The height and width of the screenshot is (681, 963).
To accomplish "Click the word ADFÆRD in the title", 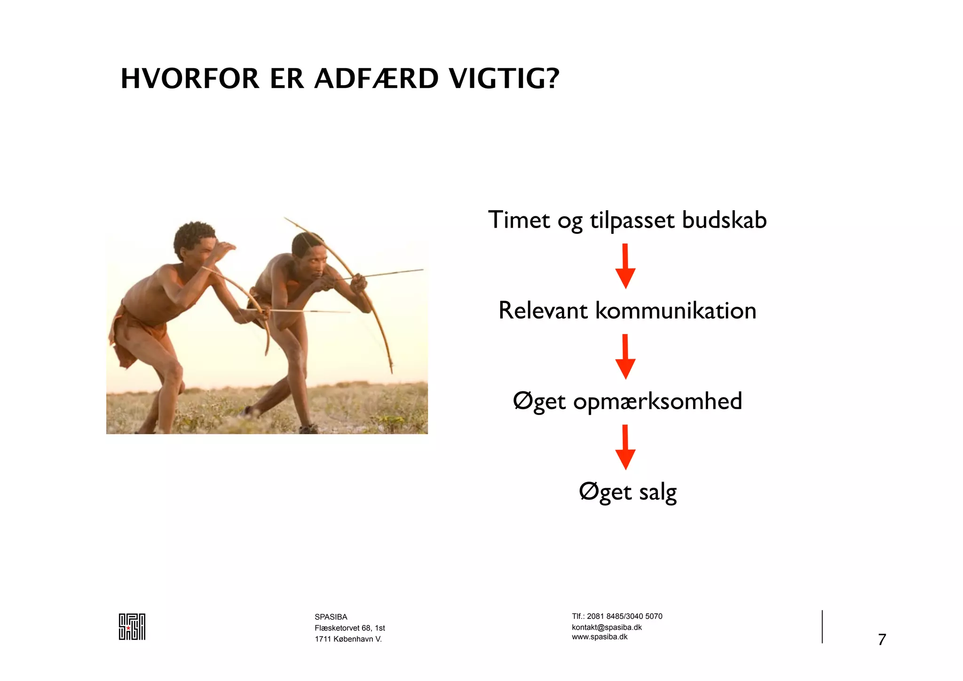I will [376, 79].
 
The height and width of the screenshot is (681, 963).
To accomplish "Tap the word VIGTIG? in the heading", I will [504, 79].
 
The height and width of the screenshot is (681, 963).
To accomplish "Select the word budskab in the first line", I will [724, 220].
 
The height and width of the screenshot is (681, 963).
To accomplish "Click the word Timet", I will [519, 220].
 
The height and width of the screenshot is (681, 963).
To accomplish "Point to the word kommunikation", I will [676, 311].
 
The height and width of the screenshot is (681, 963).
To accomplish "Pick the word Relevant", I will [543, 311].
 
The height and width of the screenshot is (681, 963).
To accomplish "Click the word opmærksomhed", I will [657, 402].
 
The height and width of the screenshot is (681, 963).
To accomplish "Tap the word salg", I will [658, 492].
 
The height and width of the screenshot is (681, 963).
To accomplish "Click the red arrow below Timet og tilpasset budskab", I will [625, 266].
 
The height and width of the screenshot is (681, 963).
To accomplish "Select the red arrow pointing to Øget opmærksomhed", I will [625, 356].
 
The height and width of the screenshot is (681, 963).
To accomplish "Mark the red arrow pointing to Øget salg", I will [625, 447].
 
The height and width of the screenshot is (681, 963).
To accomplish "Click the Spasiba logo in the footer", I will [132, 626].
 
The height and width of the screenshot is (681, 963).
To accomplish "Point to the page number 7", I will [882, 640].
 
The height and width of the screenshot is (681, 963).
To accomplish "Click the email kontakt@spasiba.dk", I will [607, 627].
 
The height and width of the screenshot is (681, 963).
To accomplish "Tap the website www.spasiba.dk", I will [600, 637].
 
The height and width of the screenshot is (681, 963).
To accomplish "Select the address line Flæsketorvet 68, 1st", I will [350, 628].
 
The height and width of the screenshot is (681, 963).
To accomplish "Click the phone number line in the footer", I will [617, 617].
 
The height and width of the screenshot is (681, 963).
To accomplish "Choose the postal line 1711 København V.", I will [348, 639].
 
